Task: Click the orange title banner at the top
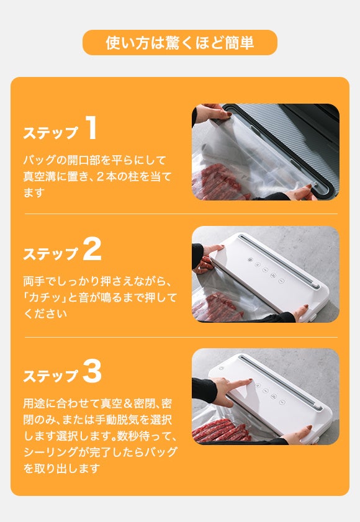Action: click(x=180, y=42)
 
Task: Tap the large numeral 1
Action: click(x=91, y=127)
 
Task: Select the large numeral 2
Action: click(x=92, y=249)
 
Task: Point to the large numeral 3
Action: click(x=92, y=372)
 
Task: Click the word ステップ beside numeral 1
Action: click(x=51, y=132)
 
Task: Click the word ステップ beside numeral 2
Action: click(x=51, y=254)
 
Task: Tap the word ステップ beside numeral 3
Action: click(x=51, y=376)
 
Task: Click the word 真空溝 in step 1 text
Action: click(x=39, y=176)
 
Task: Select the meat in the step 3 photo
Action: click(x=220, y=431)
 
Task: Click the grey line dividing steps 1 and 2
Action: click(x=181, y=214)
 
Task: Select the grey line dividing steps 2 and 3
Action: click(x=181, y=337)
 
